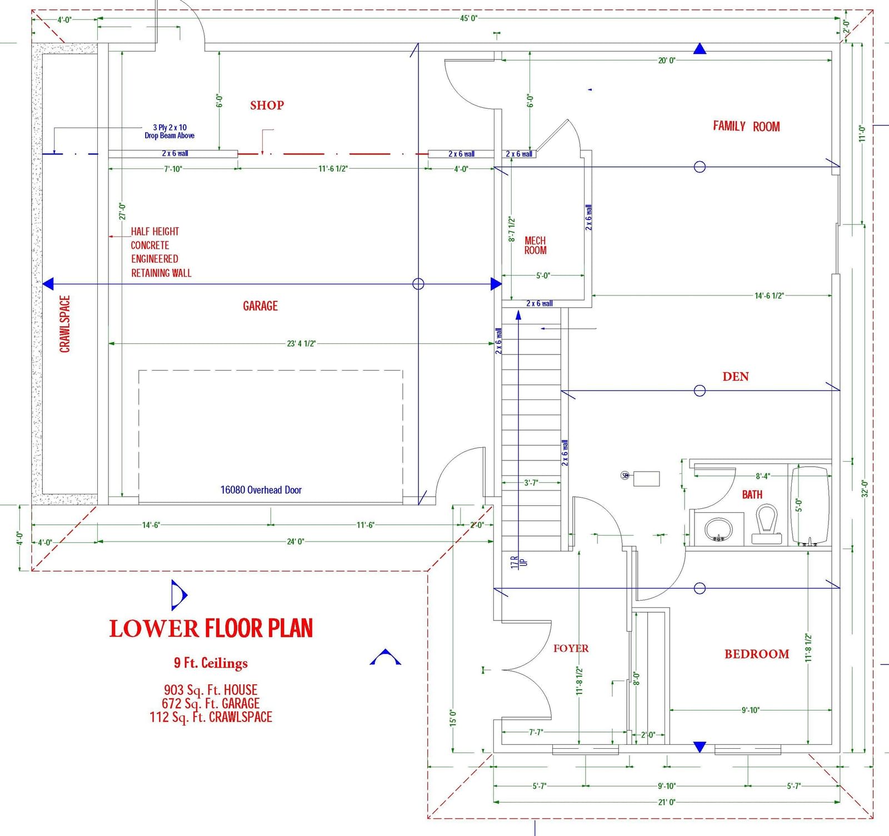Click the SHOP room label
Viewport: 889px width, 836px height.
click(267, 105)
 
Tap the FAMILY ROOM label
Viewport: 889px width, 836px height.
click(746, 126)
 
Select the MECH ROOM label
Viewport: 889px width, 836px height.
click(536, 246)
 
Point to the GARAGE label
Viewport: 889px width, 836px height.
click(260, 306)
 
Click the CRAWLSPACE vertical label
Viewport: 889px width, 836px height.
click(65, 324)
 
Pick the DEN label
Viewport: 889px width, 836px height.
click(736, 377)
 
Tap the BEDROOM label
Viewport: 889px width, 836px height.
click(757, 654)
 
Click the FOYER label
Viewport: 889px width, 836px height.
click(571, 648)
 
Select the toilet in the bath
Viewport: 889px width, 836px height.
click(767, 524)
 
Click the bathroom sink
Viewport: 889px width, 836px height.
click(718, 529)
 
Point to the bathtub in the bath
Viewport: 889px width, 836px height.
click(810, 505)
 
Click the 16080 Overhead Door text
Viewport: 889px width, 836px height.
click(261, 490)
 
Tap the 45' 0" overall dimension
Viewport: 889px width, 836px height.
click(468, 18)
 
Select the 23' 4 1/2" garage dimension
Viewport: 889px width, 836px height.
click(301, 343)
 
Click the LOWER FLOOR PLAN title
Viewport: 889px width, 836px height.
click(211, 628)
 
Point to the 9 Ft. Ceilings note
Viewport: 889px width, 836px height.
click(211, 663)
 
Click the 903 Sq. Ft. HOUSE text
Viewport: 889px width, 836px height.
click(211, 690)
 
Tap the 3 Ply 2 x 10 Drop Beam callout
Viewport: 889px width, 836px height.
click(169, 131)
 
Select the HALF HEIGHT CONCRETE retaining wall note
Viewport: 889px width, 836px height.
click(161, 252)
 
